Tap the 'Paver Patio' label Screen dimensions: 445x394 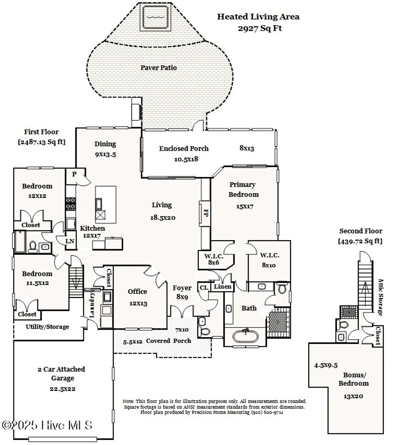(x=159, y=68)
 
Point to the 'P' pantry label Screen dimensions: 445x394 (x=74, y=174)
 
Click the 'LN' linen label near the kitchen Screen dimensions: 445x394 (x=70, y=241)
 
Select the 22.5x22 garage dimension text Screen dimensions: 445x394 (x=63, y=389)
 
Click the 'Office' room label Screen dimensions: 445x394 (x=137, y=292)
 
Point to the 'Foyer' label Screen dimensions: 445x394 (x=182, y=288)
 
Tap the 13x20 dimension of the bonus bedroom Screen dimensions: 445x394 (x=353, y=396)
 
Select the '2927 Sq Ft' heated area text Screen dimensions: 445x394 (x=260, y=28)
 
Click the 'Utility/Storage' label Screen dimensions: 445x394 (x=47, y=327)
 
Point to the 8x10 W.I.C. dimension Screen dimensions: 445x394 (x=269, y=265)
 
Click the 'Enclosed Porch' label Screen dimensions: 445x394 (x=184, y=149)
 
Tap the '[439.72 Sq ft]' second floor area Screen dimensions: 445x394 (x=360, y=241)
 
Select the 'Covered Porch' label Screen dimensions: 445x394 (x=168, y=341)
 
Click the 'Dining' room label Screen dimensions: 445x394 (x=105, y=144)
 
